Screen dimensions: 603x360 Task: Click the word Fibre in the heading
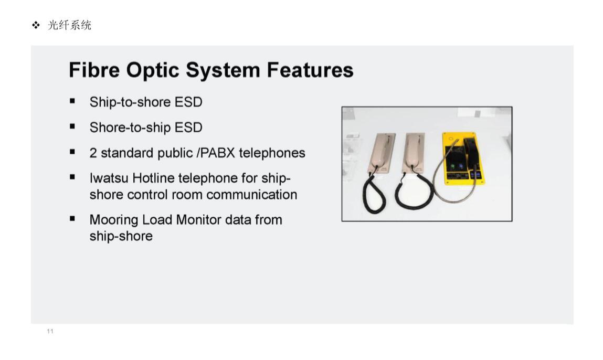(94, 70)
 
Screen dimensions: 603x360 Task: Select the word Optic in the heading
(153, 71)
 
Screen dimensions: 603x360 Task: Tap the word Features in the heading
(310, 70)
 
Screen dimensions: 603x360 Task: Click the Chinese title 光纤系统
(69, 25)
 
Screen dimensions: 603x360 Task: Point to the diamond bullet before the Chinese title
(36, 25)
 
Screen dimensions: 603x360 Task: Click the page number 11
(50, 331)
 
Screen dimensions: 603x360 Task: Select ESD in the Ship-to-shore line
(188, 102)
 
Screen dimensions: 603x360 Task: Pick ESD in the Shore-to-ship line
(188, 128)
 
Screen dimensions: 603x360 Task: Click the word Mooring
(114, 220)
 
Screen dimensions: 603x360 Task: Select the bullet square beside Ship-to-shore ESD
(72, 101)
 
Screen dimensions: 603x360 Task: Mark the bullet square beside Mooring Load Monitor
(72, 219)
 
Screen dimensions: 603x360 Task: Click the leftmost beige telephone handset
(382, 151)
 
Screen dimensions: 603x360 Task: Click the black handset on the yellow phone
(471, 154)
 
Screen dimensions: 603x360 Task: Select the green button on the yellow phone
(452, 166)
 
